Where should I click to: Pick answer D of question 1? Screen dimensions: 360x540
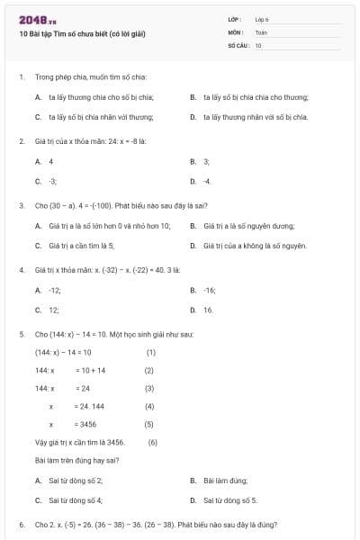click(x=254, y=117)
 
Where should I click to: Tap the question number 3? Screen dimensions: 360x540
click(x=21, y=205)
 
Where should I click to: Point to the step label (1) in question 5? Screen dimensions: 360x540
click(x=151, y=352)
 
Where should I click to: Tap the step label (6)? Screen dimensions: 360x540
click(x=153, y=442)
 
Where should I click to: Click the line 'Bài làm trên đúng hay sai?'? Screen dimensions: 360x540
click(x=76, y=461)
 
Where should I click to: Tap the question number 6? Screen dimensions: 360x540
click(x=21, y=524)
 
